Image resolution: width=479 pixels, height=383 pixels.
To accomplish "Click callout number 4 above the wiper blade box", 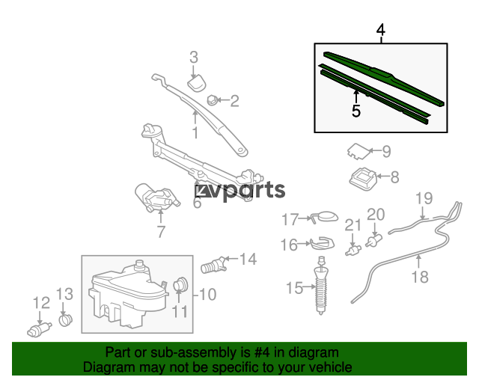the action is [x=381, y=30].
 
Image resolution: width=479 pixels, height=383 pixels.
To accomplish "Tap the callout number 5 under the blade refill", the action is [x=356, y=111].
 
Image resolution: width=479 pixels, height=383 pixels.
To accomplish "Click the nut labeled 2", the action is [x=212, y=100].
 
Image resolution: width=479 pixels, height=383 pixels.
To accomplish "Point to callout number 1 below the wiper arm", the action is [x=195, y=132].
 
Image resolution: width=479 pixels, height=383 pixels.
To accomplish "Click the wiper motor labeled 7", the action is [x=157, y=197].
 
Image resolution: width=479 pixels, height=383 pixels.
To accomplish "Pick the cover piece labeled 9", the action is [x=359, y=151].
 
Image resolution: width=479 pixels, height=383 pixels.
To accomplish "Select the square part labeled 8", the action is [x=363, y=180].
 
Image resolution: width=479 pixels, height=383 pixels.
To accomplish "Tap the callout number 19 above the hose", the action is [x=424, y=198].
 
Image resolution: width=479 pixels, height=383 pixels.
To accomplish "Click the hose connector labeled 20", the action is [x=375, y=241].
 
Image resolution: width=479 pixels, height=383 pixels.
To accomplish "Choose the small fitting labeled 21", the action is [x=353, y=251].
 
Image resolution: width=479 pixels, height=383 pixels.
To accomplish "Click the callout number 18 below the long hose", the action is [x=420, y=277].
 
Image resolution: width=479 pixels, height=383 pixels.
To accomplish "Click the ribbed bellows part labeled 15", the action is [x=321, y=286].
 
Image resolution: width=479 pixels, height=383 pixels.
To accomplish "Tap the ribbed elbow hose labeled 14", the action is [x=214, y=265].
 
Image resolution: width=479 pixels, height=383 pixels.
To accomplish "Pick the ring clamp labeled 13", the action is [x=65, y=319].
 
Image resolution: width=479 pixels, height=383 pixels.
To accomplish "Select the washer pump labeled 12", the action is [x=39, y=329].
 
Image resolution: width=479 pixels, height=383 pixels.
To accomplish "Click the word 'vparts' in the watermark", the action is [x=247, y=191].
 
